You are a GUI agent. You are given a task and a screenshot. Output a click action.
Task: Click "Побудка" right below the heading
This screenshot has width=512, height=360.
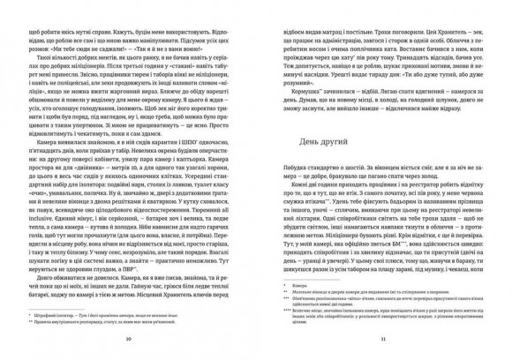[x=285, y=169]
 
